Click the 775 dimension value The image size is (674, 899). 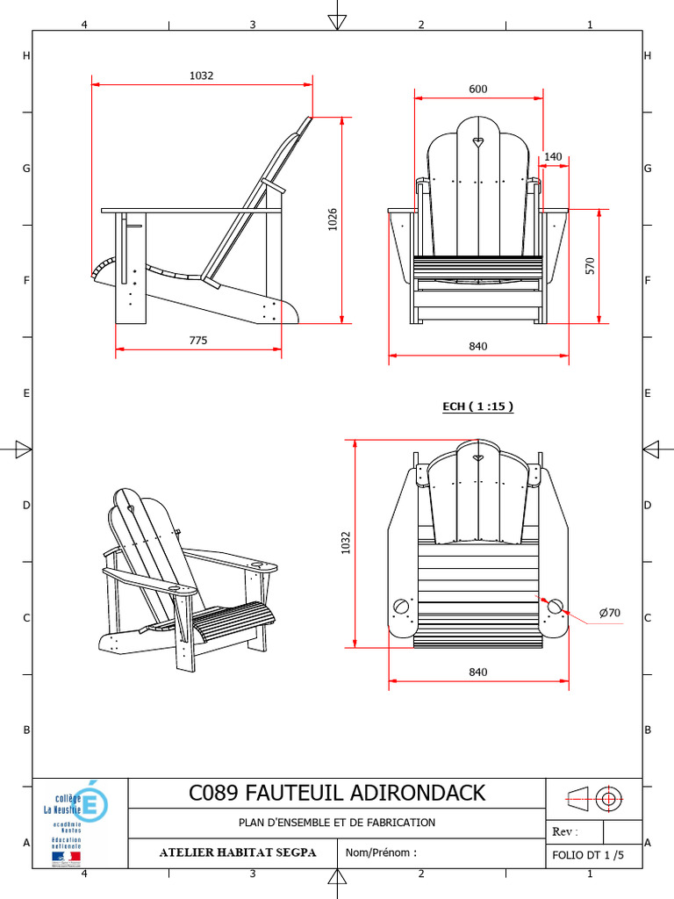coord(197,341)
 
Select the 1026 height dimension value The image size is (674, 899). coord(333,219)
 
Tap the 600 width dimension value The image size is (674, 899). coord(477,89)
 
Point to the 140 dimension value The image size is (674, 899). coord(553,157)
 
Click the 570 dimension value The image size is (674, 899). coord(591,266)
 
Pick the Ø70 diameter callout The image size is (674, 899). coord(610,613)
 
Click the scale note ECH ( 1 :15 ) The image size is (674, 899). coord(477,406)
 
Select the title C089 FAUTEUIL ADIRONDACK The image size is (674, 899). coord(337,793)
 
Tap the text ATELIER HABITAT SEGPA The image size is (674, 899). coord(237,852)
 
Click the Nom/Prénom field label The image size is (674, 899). coord(381,852)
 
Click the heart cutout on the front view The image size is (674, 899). coord(477,140)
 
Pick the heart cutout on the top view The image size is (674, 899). coord(477,457)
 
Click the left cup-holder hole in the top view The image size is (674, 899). coord(402,607)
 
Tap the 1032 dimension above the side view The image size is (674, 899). coord(202,76)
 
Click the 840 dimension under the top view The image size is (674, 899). coord(477,672)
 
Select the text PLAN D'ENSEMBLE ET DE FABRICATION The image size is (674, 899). coord(337,823)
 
